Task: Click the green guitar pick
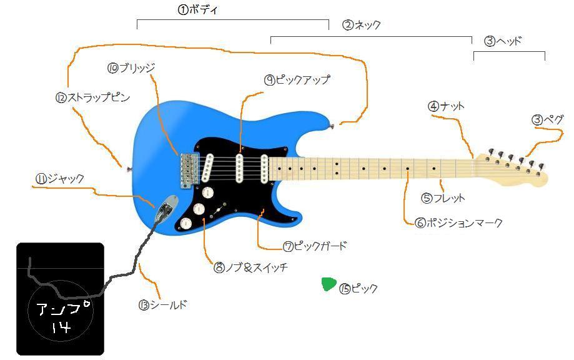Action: pos(329,284)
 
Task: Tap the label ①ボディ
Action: pos(198,10)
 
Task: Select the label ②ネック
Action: pos(362,25)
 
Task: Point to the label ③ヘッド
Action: pos(503,41)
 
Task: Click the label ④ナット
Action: pos(446,106)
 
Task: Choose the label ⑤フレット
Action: pos(443,198)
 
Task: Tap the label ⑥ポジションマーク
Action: pos(458,222)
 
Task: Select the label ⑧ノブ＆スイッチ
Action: pos(250,267)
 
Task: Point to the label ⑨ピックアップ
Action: pos(297,80)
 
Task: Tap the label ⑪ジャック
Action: pos(59,179)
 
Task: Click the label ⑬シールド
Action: pos(162,305)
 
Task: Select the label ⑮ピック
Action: pos(359,289)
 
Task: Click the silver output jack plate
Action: pos(166,207)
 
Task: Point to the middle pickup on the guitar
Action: pos(239,167)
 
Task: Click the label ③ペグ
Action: pos(548,119)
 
